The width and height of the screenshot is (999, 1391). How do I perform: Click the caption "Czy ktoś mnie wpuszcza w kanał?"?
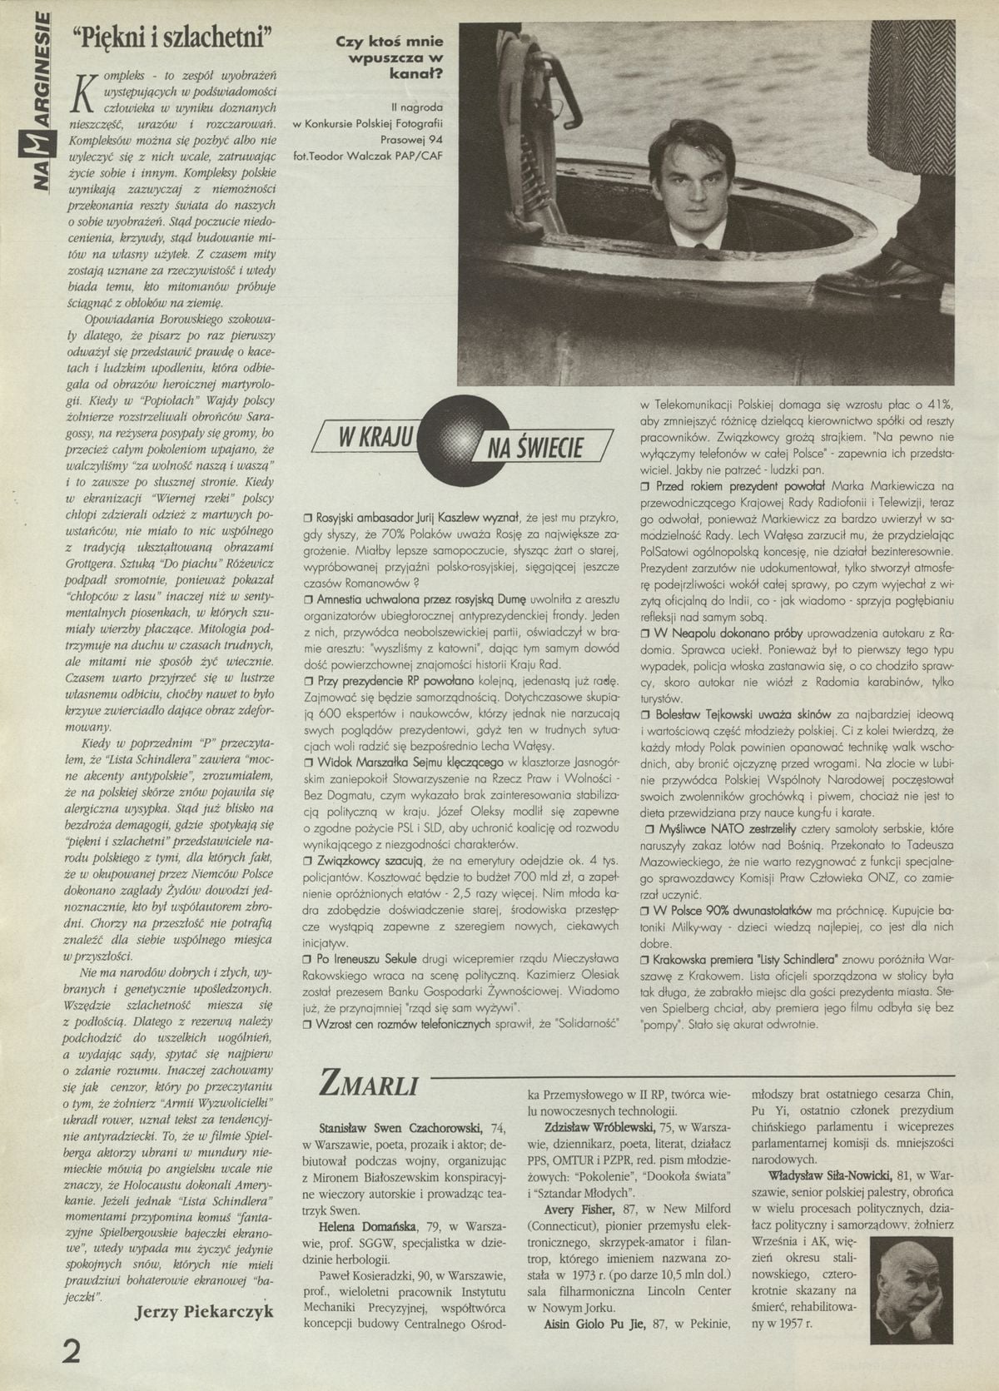click(390, 58)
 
